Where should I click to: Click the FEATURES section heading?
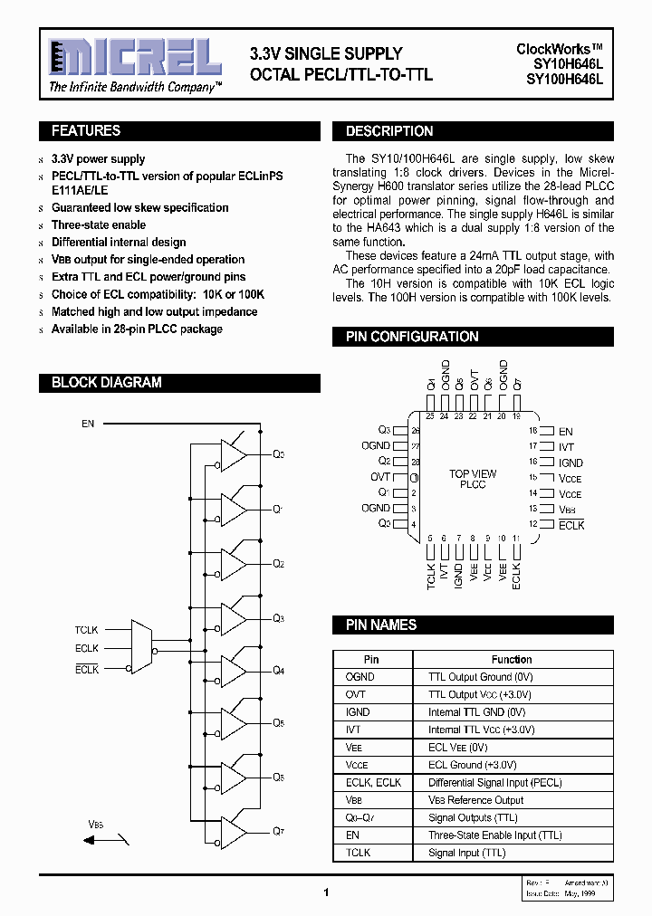(86, 131)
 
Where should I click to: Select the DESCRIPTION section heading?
(389, 131)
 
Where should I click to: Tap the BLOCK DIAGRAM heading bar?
(106, 383)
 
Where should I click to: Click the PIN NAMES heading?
(380, 625)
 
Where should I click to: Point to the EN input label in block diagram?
(88, 424)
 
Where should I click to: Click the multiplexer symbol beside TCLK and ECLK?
(142, 647)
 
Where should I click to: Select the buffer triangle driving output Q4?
(234, 671)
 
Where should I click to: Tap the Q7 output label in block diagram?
(279, 830)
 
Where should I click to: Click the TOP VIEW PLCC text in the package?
(473, 479)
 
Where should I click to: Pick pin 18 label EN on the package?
(566, 432)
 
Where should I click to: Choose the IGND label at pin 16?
(570, 463)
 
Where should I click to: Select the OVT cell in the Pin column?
(356, 694)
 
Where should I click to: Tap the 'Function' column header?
(512, 660)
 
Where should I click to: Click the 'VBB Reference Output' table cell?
(475, 800)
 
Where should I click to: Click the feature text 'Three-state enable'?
(99, 225)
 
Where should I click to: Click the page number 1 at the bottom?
(325, 892)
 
